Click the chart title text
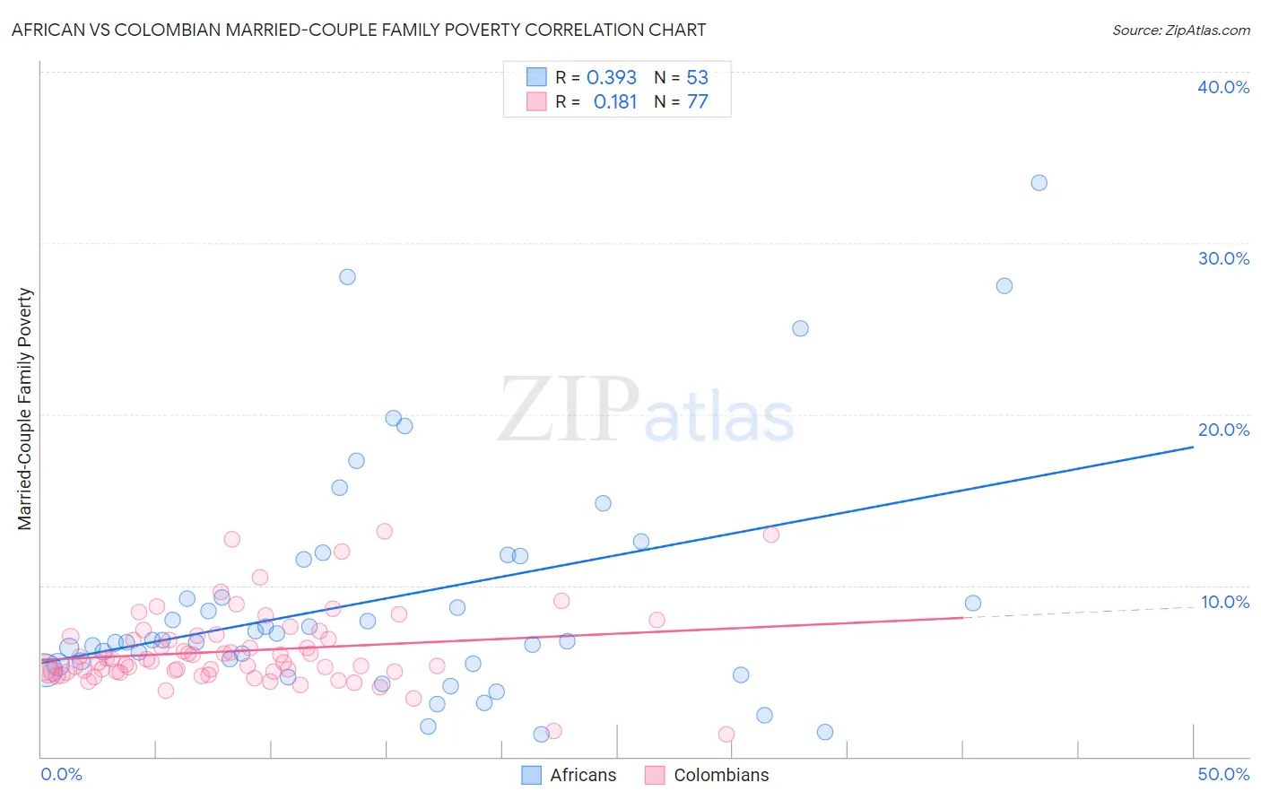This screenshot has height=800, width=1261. click(359, 30)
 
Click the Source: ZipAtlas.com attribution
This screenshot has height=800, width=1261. click(1180, 30)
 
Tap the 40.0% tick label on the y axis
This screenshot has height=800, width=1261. click(1223, 87)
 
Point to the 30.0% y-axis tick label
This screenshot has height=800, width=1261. click(1223, 258)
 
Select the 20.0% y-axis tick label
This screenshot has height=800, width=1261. click(1223, 430)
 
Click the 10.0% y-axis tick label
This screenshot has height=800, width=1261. click(1225, 602)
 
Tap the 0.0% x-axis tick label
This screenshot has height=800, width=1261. click(61, 774)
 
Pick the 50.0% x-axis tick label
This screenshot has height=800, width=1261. click(1223, 774)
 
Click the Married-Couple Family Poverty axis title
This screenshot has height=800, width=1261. click(25, 409)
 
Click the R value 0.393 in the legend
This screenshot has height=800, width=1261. click(612, 78)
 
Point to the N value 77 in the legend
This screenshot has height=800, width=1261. click(698, 102)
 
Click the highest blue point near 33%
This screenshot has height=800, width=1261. click(1039, 183)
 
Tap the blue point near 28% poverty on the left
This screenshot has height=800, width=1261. click(347, 277)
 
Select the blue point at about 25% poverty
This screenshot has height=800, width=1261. click(800, 328)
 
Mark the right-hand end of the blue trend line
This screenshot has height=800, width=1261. click(1193, 446)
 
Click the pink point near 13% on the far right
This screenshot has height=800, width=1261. click(770, 535)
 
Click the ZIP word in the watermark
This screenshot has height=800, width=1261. click(569, 410)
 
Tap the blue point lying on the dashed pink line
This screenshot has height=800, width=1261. click(973, 604)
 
